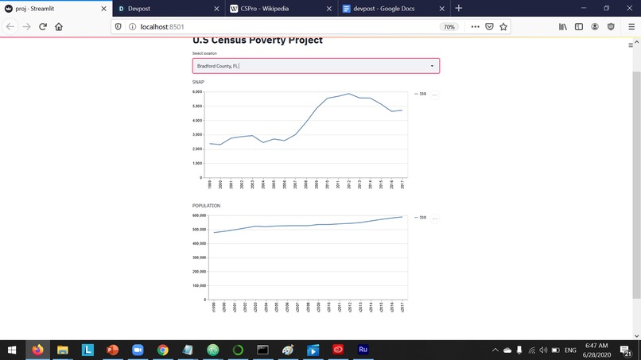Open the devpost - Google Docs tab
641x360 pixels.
pyautogui.click(x=382, y=8)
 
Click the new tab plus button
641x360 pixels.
pyautogui.click(x=459, y=8)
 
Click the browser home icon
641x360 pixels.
pyautogui.click(x=59, y=26)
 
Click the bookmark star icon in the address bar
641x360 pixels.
pyautogui.click(x=503, y=26)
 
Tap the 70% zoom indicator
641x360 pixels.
pyautogui.click(x=449, y=26)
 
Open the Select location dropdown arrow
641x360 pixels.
pyautogui.click(x=432, y=66)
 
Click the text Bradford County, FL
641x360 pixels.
pyautogui.click(x=217, y=66)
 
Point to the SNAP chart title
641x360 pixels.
pyautogui.click(x=198, y=83)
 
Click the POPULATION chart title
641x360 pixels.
pyautogui.click(x=206, y=206)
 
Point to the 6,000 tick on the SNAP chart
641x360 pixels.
pyautogui.click(x=198, y=92)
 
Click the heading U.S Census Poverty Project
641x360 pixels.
pyautogui.click(x=258, y=41)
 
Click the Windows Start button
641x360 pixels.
pyautogui.click(x=12, y=350)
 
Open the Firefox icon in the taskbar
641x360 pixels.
pyautogui.click(x=37, y=350)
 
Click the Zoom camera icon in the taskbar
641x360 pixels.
pyautogui.click(x=137, y=350)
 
